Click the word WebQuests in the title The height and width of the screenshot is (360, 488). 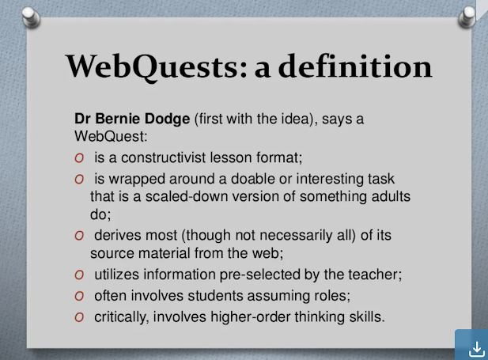point(157,67)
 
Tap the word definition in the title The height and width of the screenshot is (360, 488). point(355,66)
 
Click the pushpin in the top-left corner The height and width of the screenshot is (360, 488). point(31,17)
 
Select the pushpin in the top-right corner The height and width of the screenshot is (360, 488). point(467,17)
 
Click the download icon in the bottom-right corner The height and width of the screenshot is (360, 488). point(476,349)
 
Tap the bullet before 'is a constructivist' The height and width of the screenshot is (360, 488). point(79,158)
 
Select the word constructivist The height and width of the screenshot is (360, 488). point(164,157)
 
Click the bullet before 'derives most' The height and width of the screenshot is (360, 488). point(79,236)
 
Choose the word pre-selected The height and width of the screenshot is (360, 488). point(260,275)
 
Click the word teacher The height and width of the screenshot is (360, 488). point(375,275)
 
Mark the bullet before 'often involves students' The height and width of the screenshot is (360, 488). point(79,296)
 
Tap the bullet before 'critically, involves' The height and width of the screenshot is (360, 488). point(79,317)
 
